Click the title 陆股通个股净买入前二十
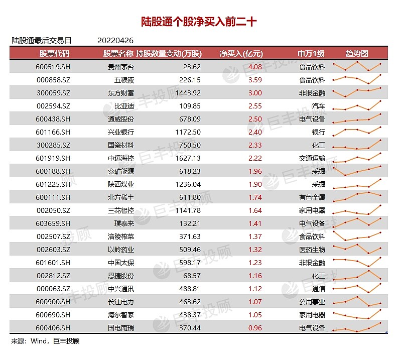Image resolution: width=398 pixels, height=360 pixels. coord(199,22)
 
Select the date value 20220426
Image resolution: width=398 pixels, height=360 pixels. coord(115,41)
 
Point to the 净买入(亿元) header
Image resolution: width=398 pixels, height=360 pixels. coord(241,54)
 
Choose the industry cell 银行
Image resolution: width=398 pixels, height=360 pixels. coord(318,132)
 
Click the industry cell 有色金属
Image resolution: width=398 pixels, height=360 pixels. coord(312,197)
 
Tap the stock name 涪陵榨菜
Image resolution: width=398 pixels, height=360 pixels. coord(121,236)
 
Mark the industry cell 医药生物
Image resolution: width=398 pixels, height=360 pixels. coord(312,250)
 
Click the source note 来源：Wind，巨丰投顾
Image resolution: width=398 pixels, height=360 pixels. coord(45,341)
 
